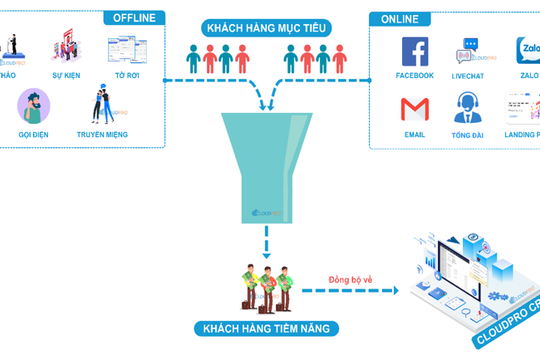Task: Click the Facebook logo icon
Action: click(414, 51)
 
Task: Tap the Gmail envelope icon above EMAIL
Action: click(414, 107)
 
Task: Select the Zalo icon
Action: click(528, 51)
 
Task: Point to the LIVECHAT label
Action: click(468, 75)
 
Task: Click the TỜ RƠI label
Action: click(127, 74)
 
